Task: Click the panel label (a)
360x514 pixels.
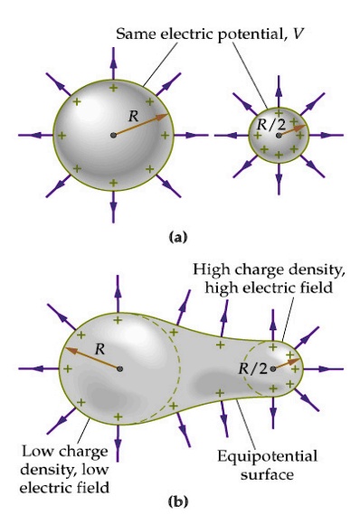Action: (178, 237)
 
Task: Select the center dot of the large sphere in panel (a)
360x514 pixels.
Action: (114, 135)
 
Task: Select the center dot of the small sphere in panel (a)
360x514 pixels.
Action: (279, 136)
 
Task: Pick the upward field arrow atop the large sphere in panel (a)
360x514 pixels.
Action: (114, 59)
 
